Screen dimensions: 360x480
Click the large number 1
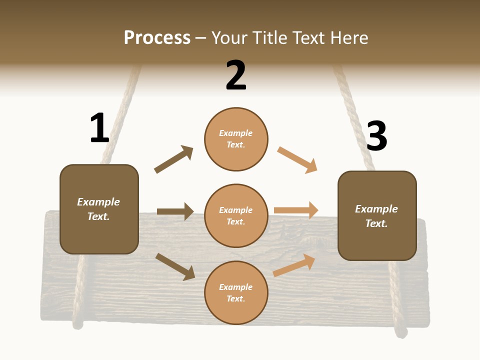point(99,128)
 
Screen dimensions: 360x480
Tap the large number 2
point(236,75)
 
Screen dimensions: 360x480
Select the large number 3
point(376,136)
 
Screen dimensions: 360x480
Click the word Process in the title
point(157,37)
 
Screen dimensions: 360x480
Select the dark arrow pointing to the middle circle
point(175,211)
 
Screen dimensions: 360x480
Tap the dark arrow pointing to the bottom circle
point(175,266)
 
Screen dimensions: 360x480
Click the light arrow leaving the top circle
point(297,160)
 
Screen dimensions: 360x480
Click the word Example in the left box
point(98,202)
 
